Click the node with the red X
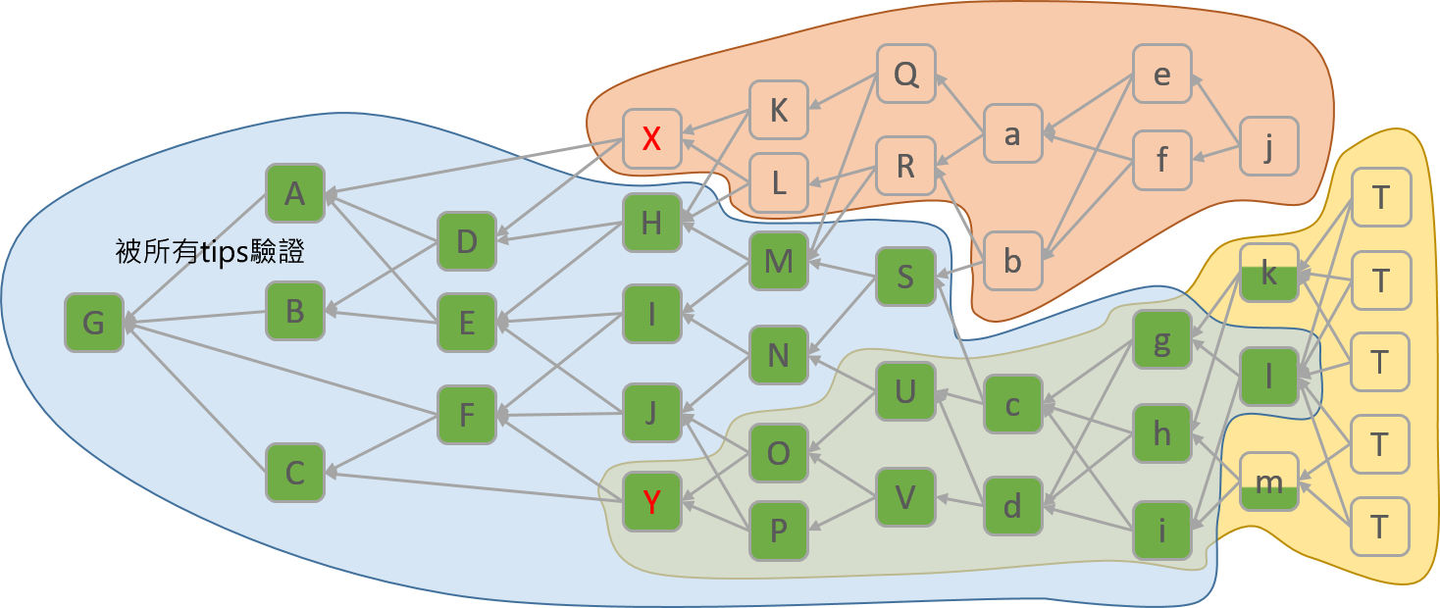(651, 138)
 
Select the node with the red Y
(651, 502)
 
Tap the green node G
(94, 323)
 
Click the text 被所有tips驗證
(210, 252)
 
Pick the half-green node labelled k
(1268, 274)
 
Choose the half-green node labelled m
(1268, 481)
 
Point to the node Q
(905, 75)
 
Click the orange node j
(1268, 147)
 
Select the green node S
(905, 277)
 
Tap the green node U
(905, 391)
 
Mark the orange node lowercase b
(1012, 261)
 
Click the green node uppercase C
(294, 473)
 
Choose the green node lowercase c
(1012, 403)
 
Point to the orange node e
(1161, 75)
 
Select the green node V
(905, 497)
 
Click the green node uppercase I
(651, 314)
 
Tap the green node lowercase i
(1161, 531)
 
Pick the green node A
(294, 194)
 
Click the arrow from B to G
(196, 317)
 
